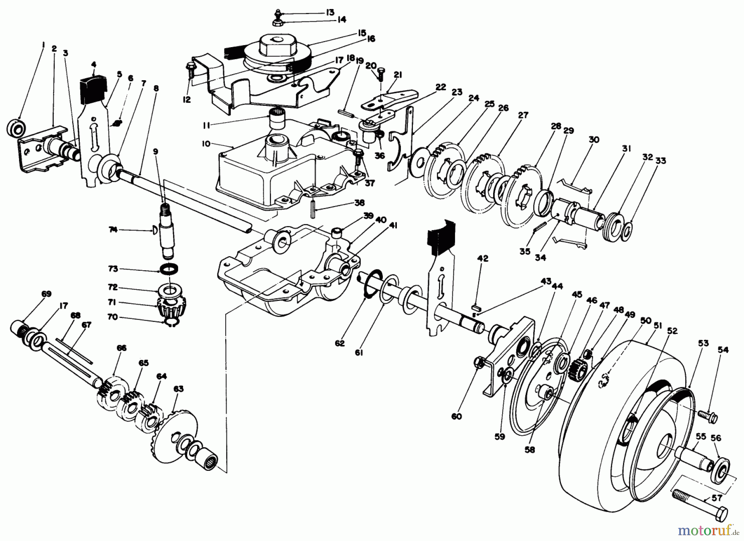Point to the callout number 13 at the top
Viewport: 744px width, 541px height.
329,12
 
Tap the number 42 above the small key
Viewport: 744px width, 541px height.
482,258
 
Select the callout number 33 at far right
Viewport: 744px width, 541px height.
661,161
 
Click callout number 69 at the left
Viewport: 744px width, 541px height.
46,294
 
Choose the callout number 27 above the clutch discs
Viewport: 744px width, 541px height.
523,116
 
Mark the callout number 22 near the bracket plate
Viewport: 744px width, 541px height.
441,87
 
